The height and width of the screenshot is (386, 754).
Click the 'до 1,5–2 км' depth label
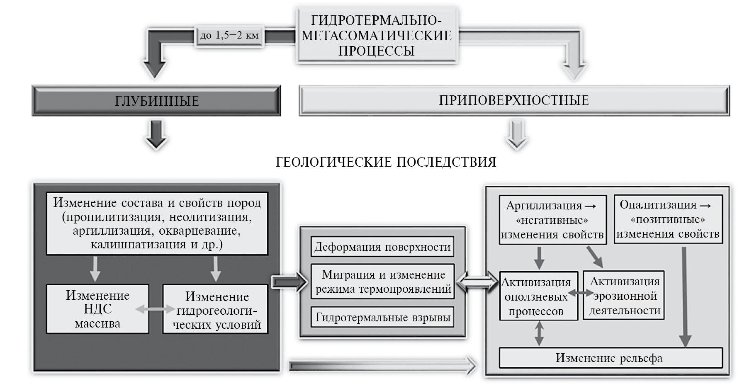coord(229,35)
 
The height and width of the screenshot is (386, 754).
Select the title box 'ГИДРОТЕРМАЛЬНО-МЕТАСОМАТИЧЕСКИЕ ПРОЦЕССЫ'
coord(376,35)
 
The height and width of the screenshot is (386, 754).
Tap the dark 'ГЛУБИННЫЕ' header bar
coord(156,101)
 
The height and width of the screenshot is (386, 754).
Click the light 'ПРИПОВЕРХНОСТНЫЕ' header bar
coord(514,100)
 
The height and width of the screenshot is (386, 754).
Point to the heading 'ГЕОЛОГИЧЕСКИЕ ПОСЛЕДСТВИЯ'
coord(386,162)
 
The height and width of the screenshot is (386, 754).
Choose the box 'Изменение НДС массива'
coord(97,309)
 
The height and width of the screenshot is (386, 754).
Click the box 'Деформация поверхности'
coord(382,247)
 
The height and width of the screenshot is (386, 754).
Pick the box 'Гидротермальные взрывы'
coord(382,318)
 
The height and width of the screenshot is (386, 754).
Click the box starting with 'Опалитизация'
coord(668,219)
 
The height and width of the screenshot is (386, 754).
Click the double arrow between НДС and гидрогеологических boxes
coord(156,309)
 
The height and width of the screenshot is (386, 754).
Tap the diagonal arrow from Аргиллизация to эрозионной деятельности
coord(595,256)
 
